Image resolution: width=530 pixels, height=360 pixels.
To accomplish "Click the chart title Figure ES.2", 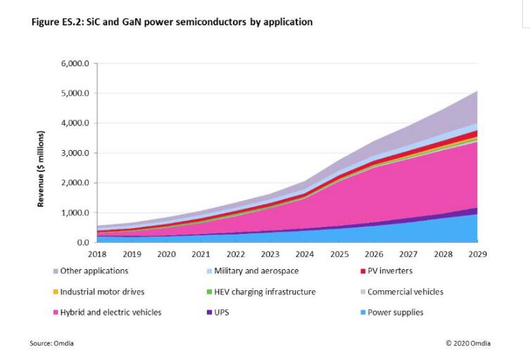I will point(172,23).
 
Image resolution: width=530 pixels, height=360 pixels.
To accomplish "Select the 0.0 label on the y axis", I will point(82,242).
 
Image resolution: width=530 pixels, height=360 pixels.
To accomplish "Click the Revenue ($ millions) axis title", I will point(42,169).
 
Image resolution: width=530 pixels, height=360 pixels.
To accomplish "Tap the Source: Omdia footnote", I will point(51,343).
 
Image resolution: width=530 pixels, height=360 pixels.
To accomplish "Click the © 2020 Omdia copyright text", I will point(468,343).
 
